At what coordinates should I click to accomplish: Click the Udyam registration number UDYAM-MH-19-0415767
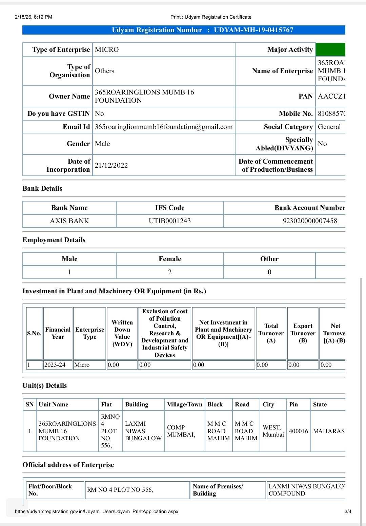point(253,30)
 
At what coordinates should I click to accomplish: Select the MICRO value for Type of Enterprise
point(107,49)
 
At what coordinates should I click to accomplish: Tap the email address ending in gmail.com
point(164,127)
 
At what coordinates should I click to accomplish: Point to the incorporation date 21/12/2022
point(111,165)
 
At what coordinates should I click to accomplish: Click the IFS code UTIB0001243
point(170,221)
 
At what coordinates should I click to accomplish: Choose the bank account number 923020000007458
point(310,221)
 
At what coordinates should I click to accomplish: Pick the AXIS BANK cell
point(69,221)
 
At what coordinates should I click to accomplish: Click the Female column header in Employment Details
point(170,259)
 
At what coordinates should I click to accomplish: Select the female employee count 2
point(170,272)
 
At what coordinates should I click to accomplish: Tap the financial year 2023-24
point(55,365)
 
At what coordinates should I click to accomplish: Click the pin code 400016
point(299,431)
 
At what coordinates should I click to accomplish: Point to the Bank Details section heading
point(42,188)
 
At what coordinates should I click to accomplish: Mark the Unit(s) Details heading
point(45,385)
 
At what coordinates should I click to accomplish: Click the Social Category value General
point(329,127)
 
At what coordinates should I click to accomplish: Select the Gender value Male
point(102,144)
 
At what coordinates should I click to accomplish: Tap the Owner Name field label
point(69,96)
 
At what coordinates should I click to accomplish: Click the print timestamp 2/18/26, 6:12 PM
point(34,17)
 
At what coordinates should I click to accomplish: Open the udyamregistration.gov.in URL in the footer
point(97,511)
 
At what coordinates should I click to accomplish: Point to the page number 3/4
point(348,511)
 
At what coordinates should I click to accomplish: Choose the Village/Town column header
point(185,404)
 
